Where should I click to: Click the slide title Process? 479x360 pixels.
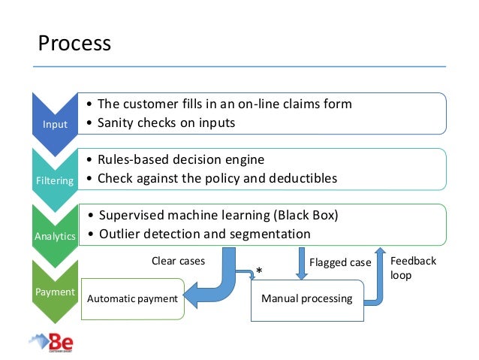74,43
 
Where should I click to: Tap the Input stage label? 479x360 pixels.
53,125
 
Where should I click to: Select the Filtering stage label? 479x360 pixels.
53,180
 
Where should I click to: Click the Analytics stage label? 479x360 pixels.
54,235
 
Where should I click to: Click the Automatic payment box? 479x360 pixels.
132,298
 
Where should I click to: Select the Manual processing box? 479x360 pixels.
306,298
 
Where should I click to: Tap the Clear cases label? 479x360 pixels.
178,262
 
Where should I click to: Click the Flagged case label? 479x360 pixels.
340,262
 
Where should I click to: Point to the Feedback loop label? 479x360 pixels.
413,268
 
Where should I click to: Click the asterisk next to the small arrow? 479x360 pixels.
259,271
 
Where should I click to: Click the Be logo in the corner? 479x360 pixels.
53,343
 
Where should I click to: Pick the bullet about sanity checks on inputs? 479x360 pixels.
166,123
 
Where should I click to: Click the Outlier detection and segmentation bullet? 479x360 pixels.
203,234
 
